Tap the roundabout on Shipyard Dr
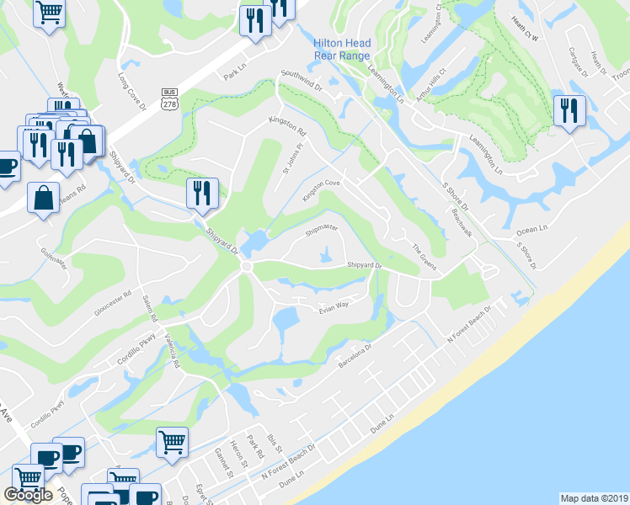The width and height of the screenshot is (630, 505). coord(246,267)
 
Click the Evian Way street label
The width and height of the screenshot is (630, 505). coord(333,310)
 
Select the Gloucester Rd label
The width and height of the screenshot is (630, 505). coord(115,304)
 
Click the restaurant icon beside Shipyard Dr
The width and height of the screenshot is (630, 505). coord(202,192)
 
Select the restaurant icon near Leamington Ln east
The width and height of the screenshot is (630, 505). coord(569,110)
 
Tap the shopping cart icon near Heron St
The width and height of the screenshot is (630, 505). coord(172,440)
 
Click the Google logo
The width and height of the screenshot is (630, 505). coord(28,495)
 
